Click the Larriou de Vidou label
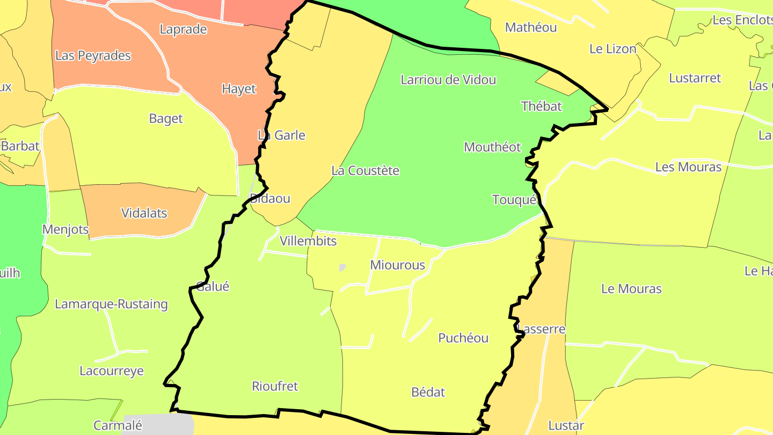click(448, 80)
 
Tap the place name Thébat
click(541, 106)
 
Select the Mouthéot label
click(492, 147)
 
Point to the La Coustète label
click(365, 171)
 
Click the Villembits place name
click(308, 241)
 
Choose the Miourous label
click(397, 265)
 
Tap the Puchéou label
click(463, 338)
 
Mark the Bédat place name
click(428, 392)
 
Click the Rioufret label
click(275, 386)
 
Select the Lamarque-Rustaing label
click(111, 305)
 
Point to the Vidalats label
click(144, 213)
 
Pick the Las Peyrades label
click(93, 55)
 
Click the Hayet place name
click(239, 89)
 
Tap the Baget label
click(166, 119)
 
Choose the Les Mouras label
click(688, 167)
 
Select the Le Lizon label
click(612, 49)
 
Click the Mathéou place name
click(531, 27)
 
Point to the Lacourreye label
click(111, 371)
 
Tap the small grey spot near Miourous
click(342, 267)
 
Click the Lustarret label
click(695, 78)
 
